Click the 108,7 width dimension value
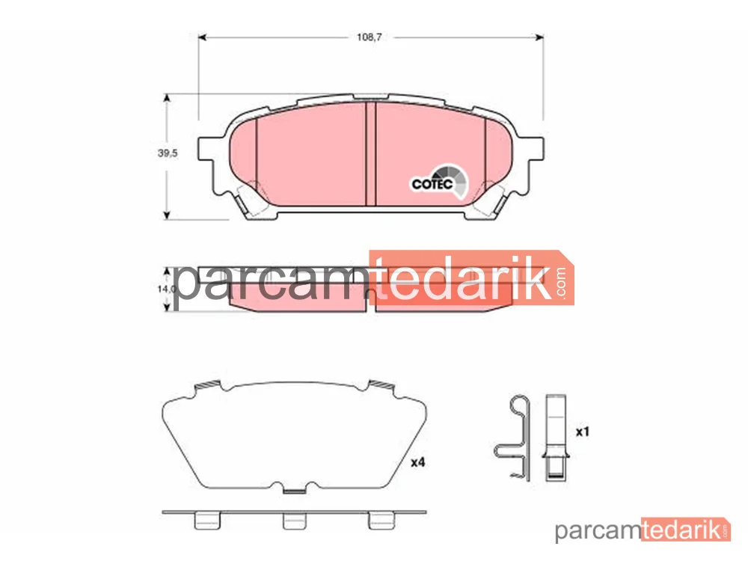[369, 37]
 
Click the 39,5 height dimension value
[168, 153]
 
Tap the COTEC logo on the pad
[440, 182]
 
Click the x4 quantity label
[418, 462]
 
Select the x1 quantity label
[583, 432]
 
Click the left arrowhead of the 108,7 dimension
[202, 37]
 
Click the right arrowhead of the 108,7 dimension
[539, 37]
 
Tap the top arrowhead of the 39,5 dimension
[167, 98]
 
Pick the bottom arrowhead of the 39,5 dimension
[167, 215]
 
